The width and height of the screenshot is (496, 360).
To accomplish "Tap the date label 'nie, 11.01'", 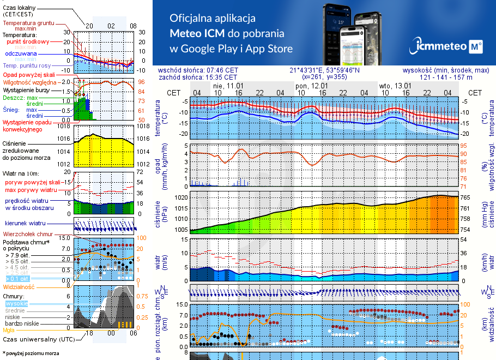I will coord(228,86).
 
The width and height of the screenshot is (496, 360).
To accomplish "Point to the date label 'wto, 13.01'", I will coord(395,86).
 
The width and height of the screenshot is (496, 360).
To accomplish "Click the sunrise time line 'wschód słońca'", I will coord(205,70).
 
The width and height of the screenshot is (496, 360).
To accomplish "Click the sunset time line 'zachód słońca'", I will coord(205,77).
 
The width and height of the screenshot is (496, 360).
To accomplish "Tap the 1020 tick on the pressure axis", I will coord(181,197).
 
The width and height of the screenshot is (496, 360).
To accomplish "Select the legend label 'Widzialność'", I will coord(19,286).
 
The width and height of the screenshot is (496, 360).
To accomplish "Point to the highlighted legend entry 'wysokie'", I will coord(16,303).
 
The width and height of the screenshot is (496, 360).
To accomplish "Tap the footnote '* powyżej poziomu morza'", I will coord(31,353).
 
